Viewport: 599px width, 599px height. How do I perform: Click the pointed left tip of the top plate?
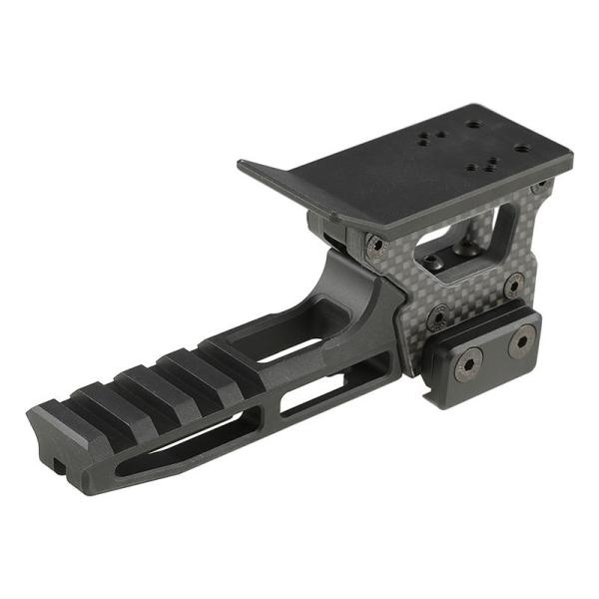click(240, 163)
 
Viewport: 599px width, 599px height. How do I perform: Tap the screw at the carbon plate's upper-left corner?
click(374, 245)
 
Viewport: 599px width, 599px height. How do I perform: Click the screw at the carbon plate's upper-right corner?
click(539, 186)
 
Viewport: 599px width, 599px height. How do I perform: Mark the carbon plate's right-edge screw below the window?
click(513, 285)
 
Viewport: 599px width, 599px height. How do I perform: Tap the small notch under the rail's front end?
click(60, 465)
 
